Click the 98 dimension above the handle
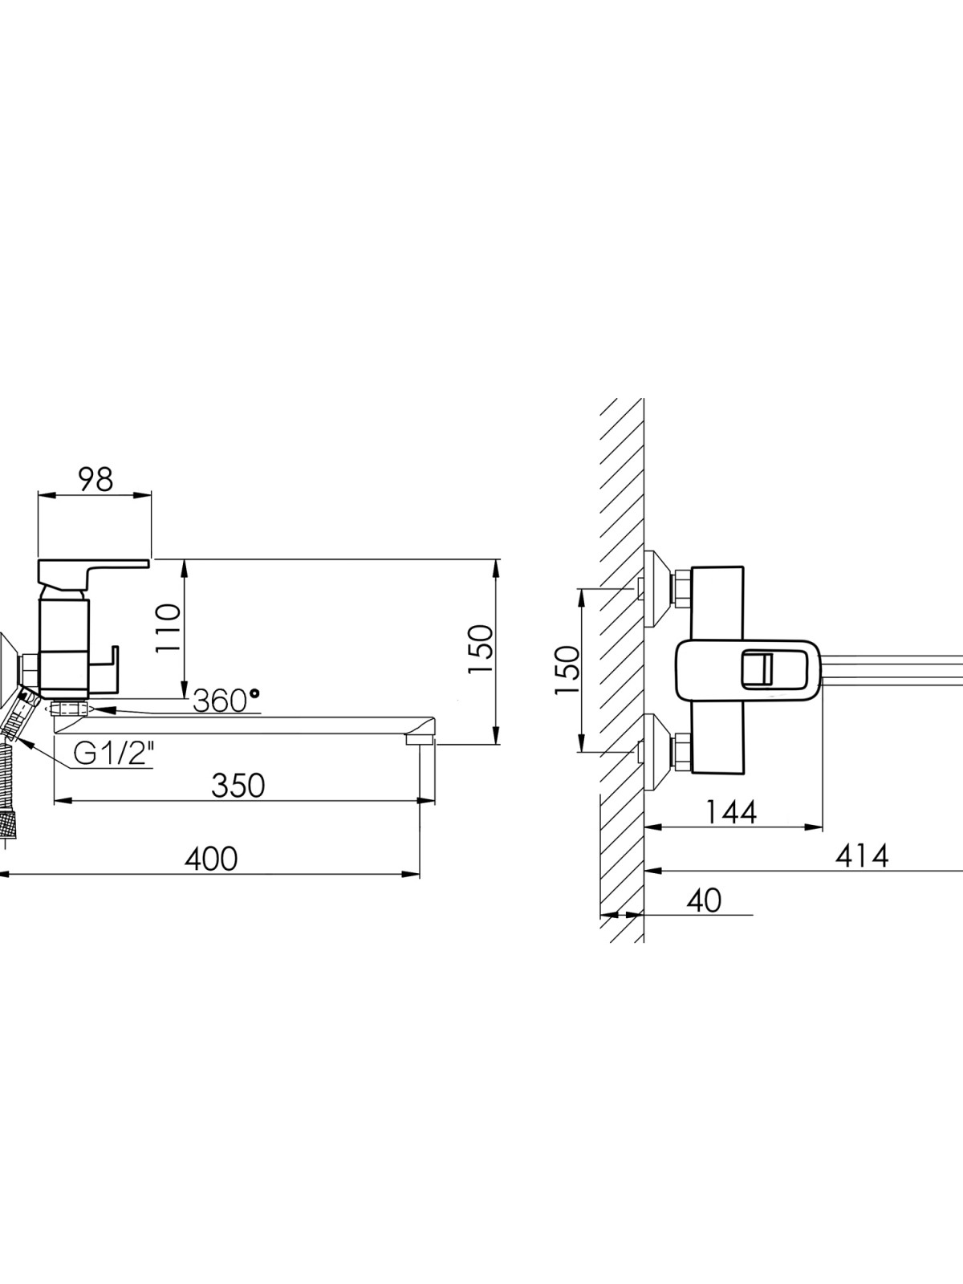(x=95, y=480)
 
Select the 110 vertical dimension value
(x=169, y=629)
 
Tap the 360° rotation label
(x=226, y=701)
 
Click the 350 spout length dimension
(x=238, y=786)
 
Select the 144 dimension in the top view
(x=730, y=812)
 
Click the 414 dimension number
(x=862, y=856)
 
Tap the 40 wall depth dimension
(x=705, y=901)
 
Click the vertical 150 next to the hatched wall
(x=567, y=670)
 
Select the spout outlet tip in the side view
(x=421, y=739)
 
